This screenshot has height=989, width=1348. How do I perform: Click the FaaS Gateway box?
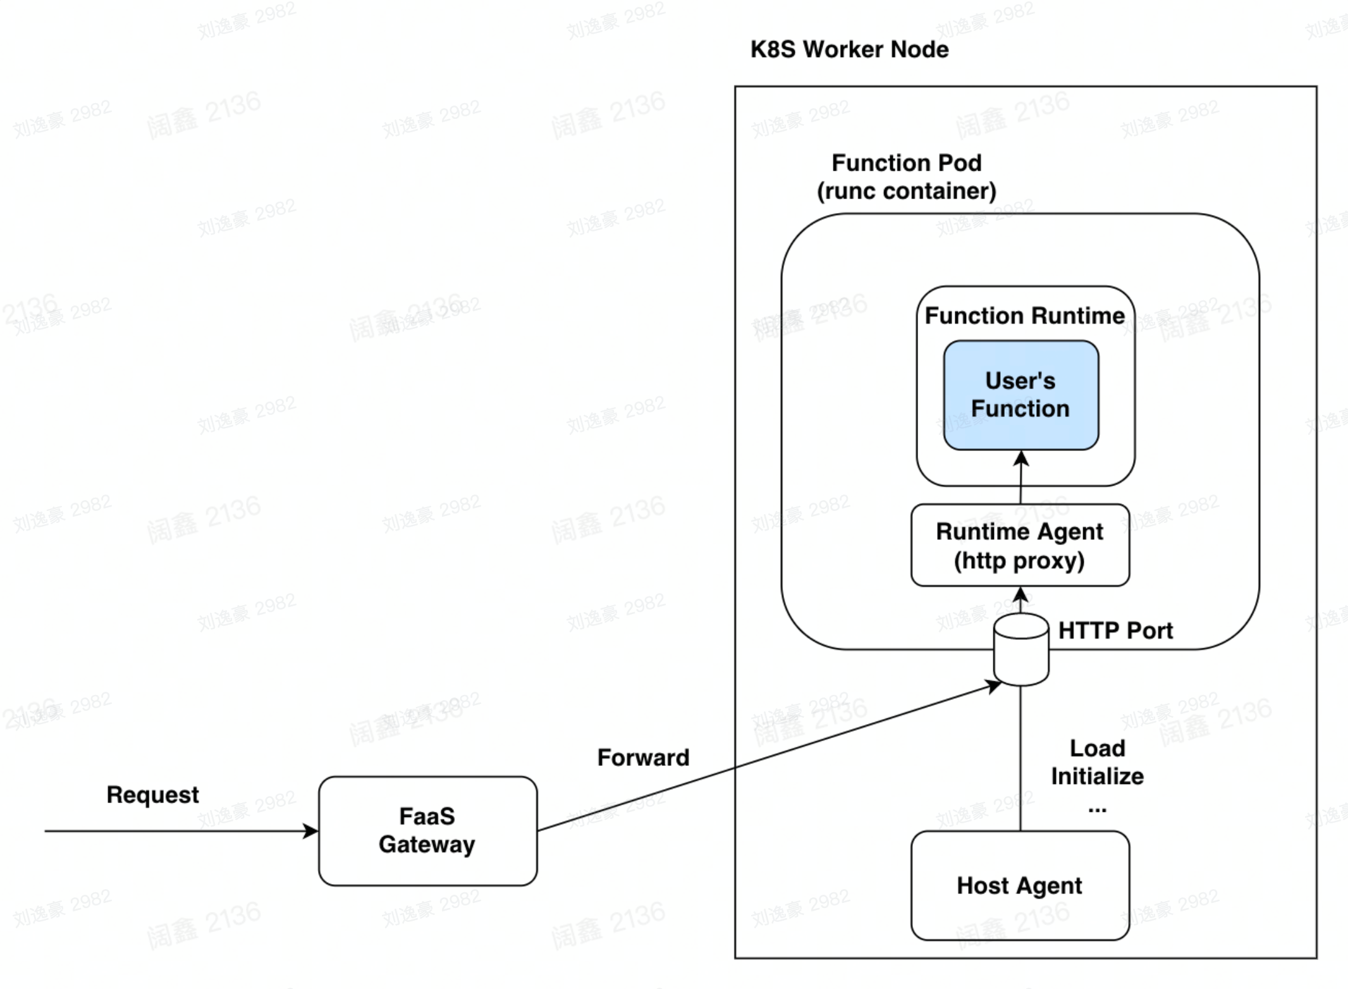coord(427,830)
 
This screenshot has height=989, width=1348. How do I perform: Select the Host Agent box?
coord(1019,885)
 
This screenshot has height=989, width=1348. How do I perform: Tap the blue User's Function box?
coord(1020,395)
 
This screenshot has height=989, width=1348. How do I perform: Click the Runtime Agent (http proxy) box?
coord(1019,545)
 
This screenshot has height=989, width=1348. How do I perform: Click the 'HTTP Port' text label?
coord(1115,630)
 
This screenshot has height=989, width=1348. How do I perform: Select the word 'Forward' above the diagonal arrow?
coord(643,758)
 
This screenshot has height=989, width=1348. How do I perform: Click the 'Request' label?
coord(152,794)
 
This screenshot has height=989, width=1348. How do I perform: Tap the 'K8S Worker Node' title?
coord(849,49)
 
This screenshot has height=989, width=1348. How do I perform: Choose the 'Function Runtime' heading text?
coord(1024,315)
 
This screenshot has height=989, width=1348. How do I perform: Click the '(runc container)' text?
coord(906,191)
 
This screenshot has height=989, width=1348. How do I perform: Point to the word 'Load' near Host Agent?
coord(1097,748)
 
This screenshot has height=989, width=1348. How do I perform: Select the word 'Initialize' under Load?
coord(1097,776)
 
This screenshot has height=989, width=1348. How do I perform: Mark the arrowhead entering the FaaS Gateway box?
coord(311,831)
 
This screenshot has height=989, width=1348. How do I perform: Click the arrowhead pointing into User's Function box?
coord(1021,458)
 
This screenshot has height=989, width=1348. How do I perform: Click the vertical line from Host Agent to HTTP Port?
coord(1020,759)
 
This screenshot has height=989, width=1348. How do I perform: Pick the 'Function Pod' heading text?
coord(906,163)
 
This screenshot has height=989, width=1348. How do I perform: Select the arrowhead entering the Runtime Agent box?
coord(1020,594)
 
